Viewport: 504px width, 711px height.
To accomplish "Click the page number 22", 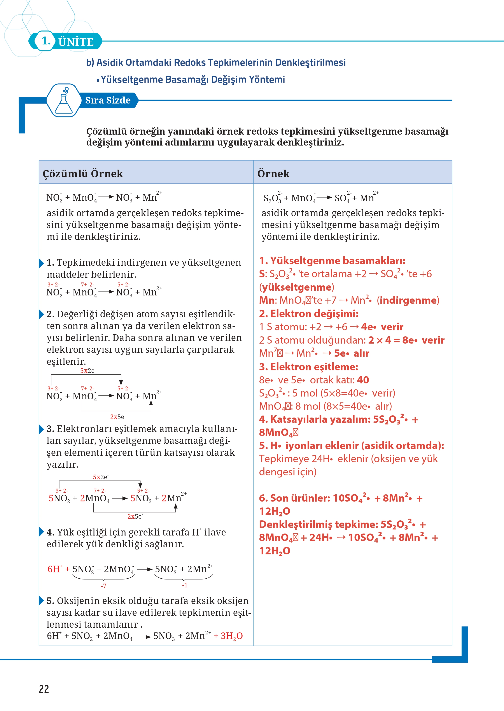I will (x=44, y=689).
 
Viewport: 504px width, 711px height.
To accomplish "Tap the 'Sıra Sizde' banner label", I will (x=108, y=100).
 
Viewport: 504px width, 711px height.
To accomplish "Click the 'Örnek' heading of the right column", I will (x=273, y=174).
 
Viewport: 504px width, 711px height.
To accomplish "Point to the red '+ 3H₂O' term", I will (x=228, y=636).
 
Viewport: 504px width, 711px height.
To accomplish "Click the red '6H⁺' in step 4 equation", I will (x=55, y=569).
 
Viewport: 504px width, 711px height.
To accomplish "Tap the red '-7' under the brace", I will (x=103, y=586).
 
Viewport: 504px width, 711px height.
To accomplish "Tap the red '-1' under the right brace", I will (x=185, y=585).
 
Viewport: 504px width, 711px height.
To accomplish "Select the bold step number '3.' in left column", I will (x=50, y=429).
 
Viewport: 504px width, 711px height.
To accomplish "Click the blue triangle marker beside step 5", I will (x=41, y=600).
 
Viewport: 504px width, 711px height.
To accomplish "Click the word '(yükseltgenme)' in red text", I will (x=296, y=287).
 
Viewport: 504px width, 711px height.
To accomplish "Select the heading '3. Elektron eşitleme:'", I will (x=308, y=367).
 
